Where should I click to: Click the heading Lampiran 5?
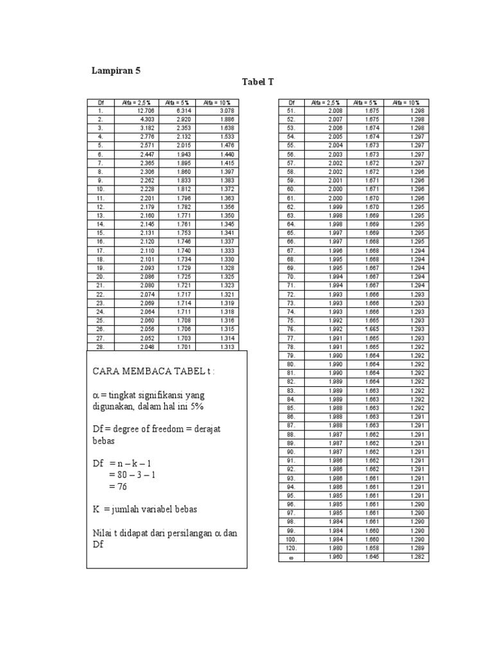[116, 71]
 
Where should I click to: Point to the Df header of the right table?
[291, 102]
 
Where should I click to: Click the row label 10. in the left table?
[100, 189]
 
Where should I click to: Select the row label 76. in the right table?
[290, 328]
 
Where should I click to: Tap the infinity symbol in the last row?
[290, 557]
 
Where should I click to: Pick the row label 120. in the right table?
[290, 549]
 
